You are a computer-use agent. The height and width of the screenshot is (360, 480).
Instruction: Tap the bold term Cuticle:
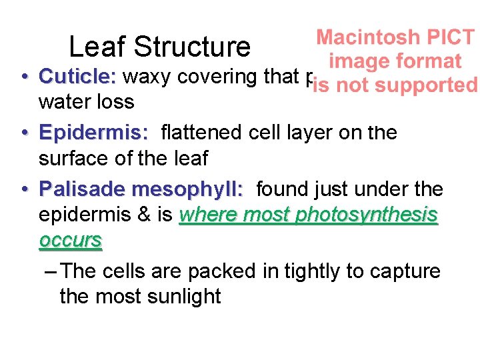(x=77, y=77)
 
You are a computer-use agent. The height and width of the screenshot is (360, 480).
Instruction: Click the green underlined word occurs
(x=71, y=240)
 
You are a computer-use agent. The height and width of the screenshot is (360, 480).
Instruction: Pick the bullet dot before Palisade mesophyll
(x=23, y=189)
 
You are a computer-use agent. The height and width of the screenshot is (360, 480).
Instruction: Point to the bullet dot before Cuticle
(x=23, y=77)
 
